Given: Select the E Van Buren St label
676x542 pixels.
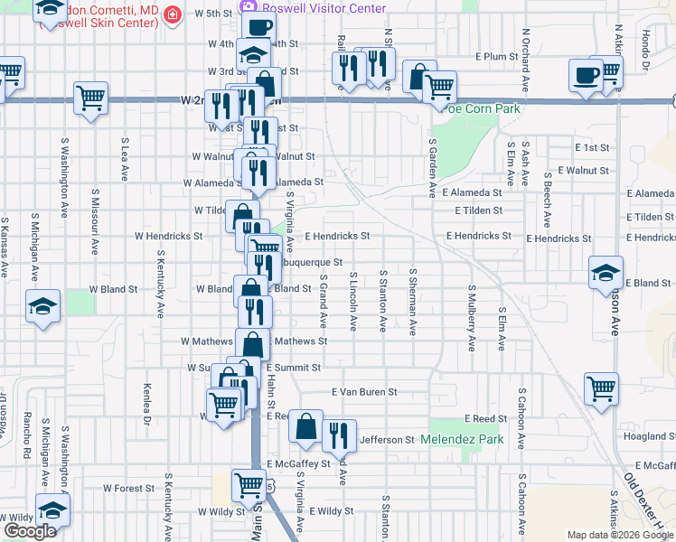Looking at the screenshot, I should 364,392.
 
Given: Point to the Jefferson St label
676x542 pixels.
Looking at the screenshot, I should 386,440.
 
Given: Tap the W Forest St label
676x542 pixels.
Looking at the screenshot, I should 129,488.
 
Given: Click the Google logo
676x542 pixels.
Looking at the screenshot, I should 30,531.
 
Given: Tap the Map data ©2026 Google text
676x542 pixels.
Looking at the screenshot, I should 620,535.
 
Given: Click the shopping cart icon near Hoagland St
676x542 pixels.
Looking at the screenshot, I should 601,388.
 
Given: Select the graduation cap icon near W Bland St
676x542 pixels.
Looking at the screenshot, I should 42,305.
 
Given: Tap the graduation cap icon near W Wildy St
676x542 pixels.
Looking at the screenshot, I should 52,509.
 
